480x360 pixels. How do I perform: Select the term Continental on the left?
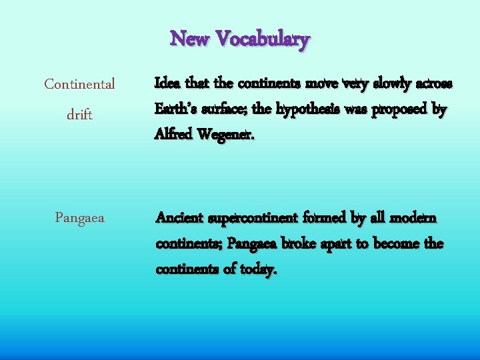tap(79, 85)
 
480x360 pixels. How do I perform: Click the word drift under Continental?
tap(79, 115)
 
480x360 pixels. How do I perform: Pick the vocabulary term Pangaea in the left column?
tap(79, 218)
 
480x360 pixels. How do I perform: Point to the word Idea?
tap(168, 84)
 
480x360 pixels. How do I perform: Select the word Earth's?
tap(175, 109)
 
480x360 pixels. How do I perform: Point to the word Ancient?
tap(179, 218)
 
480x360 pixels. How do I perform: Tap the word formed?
tap(324, 218)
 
